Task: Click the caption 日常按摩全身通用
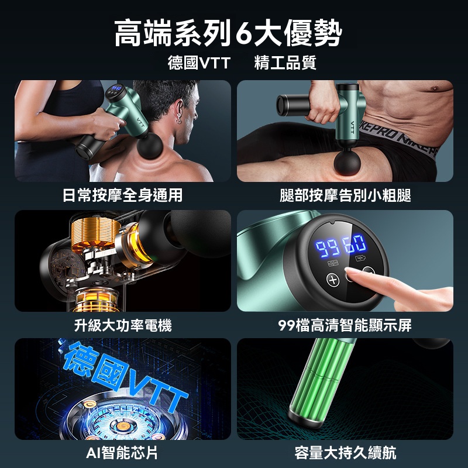(123, 195)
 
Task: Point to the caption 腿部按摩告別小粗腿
(345, 195)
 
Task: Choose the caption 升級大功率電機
(123, 325)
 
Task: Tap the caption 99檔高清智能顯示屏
(345, 325)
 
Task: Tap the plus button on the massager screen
(334, 280)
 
